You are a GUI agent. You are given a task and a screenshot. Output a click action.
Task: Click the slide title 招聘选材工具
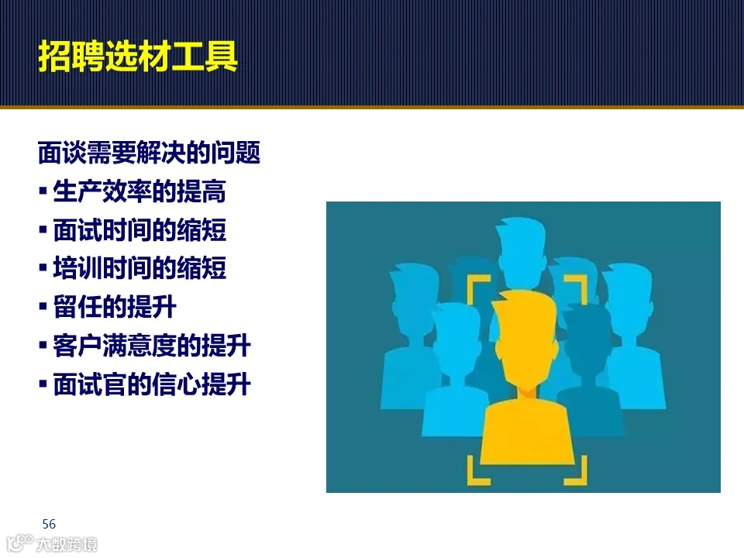(x=137, y=57)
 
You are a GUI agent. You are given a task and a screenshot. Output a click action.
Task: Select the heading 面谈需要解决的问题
(x=149, y=153)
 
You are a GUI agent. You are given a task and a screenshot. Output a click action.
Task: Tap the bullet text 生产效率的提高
(x=139, y=191)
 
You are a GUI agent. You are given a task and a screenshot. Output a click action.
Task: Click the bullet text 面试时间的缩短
(x=139, y=230)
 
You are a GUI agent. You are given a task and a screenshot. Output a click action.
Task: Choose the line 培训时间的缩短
(x=139, y=269)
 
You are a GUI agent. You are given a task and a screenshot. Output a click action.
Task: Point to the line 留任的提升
(x=115, y=308)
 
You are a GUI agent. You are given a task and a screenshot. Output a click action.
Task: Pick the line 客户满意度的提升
(x=152, y=346)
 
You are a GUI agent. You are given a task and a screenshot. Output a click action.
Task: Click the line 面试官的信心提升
(x=152, y=384)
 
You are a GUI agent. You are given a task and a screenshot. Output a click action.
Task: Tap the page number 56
(x=49, y=523)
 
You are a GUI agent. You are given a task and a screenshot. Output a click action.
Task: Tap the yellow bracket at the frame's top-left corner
(x=477, y=287)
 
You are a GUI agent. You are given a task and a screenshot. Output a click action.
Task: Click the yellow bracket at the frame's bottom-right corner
(x=574, y=472)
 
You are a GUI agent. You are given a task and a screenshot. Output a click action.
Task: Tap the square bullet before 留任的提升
(x=43, y=308)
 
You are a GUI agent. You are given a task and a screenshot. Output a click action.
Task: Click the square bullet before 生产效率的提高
(x=43, y=191)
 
